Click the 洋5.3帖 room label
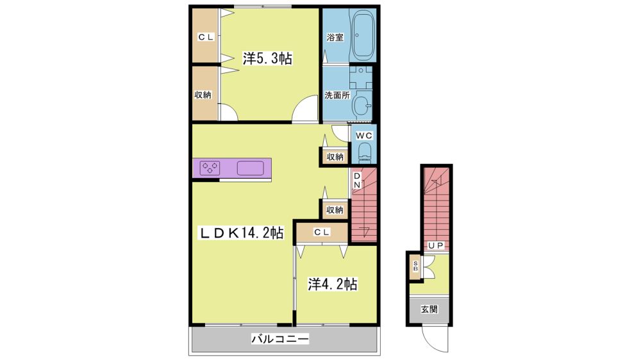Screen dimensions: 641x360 coord(267,58)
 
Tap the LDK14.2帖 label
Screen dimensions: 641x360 coord(241,233)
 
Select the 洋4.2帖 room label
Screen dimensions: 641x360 coord(332,284)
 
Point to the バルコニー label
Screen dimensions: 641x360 coord(280,339)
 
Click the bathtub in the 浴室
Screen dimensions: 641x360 coord(363,36)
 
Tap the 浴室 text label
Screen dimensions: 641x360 coord(335,37)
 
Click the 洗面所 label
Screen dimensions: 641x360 coord(337,95)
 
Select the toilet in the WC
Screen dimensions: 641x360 coord(364,153)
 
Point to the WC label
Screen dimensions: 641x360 coord(364,135)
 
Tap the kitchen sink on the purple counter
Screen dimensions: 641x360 coord(250,168)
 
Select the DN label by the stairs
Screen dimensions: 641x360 coord(357,180)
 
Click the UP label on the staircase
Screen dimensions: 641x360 coord(435,245)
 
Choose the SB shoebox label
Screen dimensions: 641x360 coord(415,266)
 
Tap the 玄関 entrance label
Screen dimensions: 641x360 coord(429,309)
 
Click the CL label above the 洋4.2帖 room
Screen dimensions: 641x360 coord(322,232)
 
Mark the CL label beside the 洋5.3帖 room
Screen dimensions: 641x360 coord(206,37)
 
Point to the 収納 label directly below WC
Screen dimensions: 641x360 coord(335,157)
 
